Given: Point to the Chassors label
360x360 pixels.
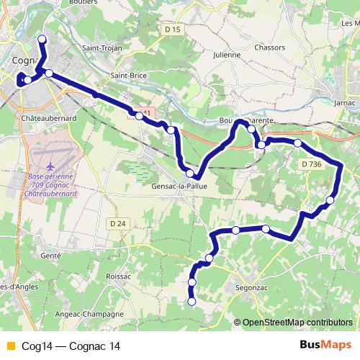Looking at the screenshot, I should coord(270,48).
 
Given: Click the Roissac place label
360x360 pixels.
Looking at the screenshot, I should coord(117,276).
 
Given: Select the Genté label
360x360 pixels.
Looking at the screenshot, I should coord(51,255).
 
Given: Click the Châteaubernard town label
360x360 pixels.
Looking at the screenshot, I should coord(48,117).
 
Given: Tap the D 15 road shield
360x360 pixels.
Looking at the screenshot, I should coord(172,30).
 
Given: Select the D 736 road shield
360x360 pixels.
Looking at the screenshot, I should coord(312,164).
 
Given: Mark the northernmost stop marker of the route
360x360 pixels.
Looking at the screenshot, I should coord(42,39).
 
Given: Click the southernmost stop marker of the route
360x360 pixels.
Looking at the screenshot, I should coord(192,302).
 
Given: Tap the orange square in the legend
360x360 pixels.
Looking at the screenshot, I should coord(10,346).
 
